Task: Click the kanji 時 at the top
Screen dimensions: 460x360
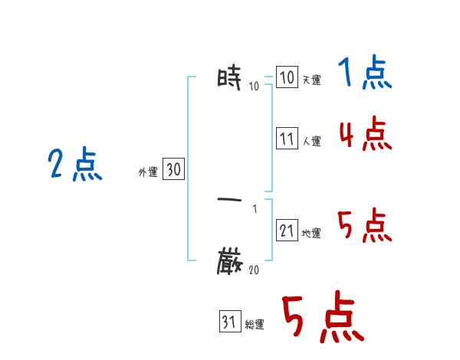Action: [230, 77]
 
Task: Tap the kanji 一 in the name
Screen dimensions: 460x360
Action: [230, 200]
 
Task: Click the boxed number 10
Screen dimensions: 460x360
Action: [287, 77]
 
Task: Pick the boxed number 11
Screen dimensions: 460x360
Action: [287, 139]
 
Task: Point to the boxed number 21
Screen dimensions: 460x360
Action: [287, 231]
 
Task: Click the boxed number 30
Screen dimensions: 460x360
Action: [174, 170]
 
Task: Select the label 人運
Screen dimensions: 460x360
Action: [311, 142]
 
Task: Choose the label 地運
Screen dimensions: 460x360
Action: [311, 234]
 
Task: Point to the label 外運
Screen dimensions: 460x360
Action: [148, 173]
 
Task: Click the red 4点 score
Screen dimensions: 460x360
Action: [365, 135]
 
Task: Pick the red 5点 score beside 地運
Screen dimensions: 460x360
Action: [365, 226]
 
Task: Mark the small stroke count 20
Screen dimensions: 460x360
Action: [254, 270]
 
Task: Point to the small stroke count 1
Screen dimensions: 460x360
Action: [254, 208]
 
